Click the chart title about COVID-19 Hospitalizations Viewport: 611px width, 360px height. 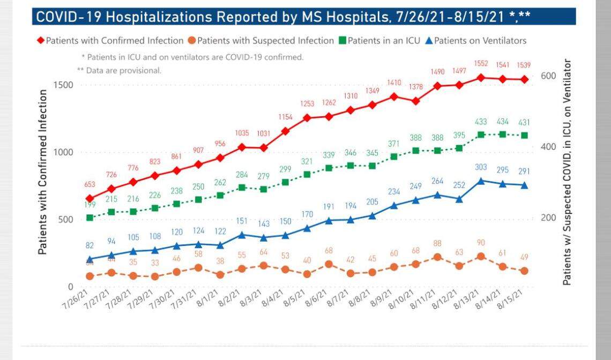tap(282, 17)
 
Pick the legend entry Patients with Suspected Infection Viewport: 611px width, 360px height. tap(266, 40)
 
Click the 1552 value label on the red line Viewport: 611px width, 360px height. tap(481, 64)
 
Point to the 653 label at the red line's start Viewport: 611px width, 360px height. tap(90, 185)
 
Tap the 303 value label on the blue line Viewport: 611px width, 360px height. tap(481, 167)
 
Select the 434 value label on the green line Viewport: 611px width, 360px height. tap(503, 122)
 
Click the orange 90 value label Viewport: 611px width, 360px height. tap(481, 243)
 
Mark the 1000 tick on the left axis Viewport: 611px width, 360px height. tap(63, 152)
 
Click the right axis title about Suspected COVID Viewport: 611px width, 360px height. tap(567, 171)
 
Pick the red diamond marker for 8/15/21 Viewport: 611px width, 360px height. tap(524, 79)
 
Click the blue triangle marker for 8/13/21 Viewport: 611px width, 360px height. tap(481, 181)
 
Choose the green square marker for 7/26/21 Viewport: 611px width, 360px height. tap(90, 217)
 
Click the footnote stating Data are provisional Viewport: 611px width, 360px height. tap(119, 70)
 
